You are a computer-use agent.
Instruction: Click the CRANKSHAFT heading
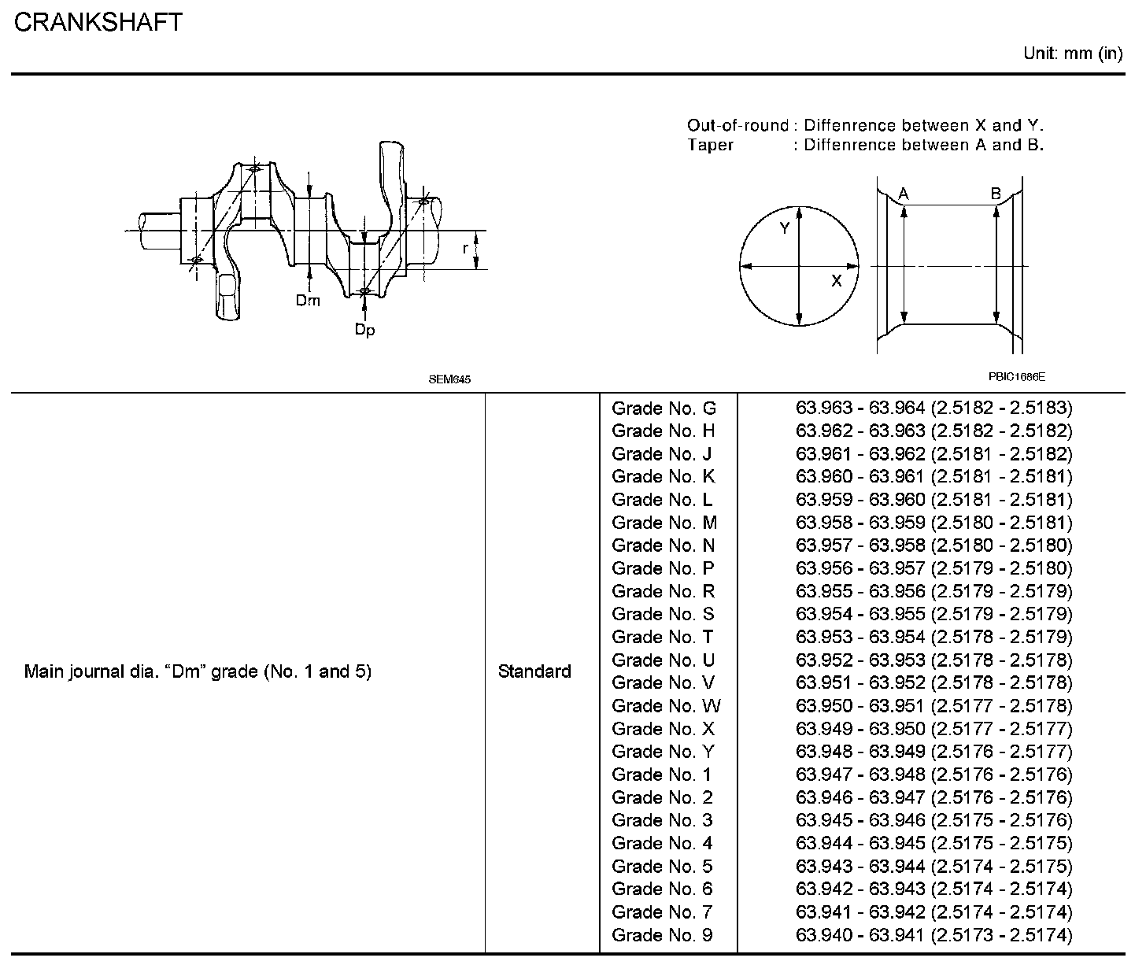tap(98, 22)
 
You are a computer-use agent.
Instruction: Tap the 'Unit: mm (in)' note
tap(1072, 54)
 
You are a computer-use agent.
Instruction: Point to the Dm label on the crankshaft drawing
tap(308, 300)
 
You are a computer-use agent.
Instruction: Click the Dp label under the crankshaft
tap(364, 331)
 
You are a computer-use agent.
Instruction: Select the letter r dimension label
tap(465, 248)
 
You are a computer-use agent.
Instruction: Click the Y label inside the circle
tap(785, 228)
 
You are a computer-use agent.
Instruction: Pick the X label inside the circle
tap(836, 280)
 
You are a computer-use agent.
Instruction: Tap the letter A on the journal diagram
tap(904, 194)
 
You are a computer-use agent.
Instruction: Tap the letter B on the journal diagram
tap(996, 194)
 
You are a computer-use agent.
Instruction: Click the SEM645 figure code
tap(449, 379)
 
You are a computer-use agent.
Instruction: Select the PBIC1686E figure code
tap(1017, 376)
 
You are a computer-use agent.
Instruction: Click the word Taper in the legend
tap(710, 145)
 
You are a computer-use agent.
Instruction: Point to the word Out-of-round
tap(738, 125)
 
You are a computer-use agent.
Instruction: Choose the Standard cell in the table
tap(534, 671)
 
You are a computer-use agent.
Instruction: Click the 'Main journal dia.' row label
tap(198, 671)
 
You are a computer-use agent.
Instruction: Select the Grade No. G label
tap(664, 408)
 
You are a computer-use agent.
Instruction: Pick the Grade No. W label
tap(666, 705)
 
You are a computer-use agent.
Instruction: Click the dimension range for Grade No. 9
tap(933, 935)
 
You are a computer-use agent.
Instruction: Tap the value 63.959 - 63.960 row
tap(933, 500)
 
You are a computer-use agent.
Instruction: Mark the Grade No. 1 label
tap(661, 775)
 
